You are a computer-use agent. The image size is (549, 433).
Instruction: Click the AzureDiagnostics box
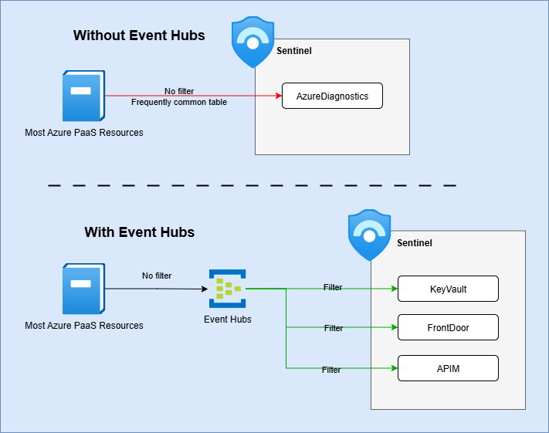pyautogui.click(x=332, y=96)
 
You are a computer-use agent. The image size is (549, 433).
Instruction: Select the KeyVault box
pyautogui.click(x=448, y=289)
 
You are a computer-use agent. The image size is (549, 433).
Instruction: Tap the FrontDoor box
pyautogui.click(x=448, y=328)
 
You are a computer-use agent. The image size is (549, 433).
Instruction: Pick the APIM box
pyautogui.click(x=448, y=368)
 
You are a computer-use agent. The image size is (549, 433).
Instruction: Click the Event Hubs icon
pyautogui.click(x=227, y=289)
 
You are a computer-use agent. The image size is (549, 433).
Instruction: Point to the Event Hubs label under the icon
pyautogui.click(x=227, y=320)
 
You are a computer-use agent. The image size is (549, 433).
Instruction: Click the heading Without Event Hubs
pyautogui.click(x=139, y=36)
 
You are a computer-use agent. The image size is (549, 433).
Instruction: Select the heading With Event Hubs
pyautogui.click(x=139, y=232)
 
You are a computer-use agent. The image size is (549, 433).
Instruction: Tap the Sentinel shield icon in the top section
pyautogui.click(x=253, y=43)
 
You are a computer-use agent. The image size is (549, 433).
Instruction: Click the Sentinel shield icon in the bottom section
pyautogui.click(x=370, y=235)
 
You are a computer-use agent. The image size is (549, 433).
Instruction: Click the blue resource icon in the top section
pyautogui.click(x=83, y=96)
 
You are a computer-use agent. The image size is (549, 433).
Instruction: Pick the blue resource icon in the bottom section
pyautogui.click(x=83, y=289)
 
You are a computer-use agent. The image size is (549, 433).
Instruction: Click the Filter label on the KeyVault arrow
pyautogui.click(x=333, y=288)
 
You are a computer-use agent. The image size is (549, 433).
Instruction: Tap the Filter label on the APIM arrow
pyautogui.click(x=331, y=370)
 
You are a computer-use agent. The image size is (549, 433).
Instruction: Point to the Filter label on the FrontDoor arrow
pyautogui.click(x=334, y=329)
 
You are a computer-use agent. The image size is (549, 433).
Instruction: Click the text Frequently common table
pyautogui.click(x=179, y=103)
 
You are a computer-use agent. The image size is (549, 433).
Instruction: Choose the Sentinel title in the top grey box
pyautogui.click(x=294, y=51)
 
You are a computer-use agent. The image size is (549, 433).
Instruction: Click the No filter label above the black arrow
pyautogui.click(x=157, y=276)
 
